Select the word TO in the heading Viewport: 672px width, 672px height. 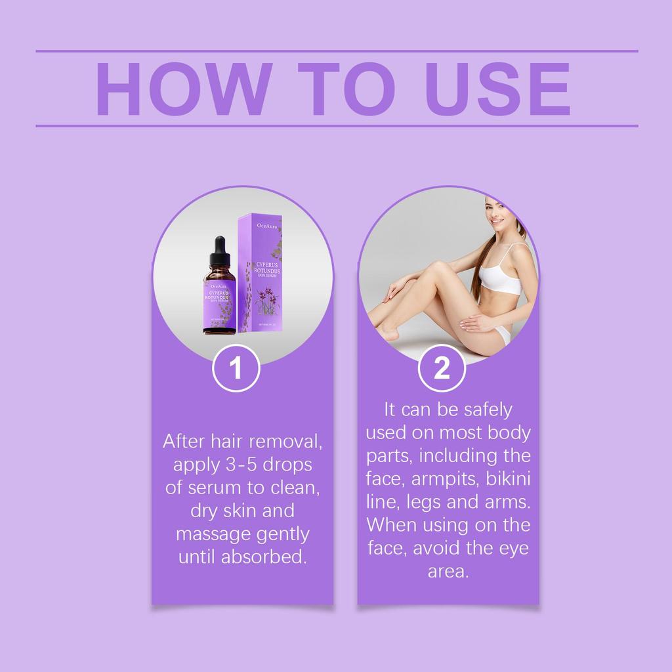(345, 89)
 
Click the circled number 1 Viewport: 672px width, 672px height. (236, 368)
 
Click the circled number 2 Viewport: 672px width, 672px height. (442, 368)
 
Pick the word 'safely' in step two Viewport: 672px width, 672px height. (487, 409)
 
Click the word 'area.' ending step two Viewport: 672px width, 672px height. (448, 571)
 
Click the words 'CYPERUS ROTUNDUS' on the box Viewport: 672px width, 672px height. (262, 270)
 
